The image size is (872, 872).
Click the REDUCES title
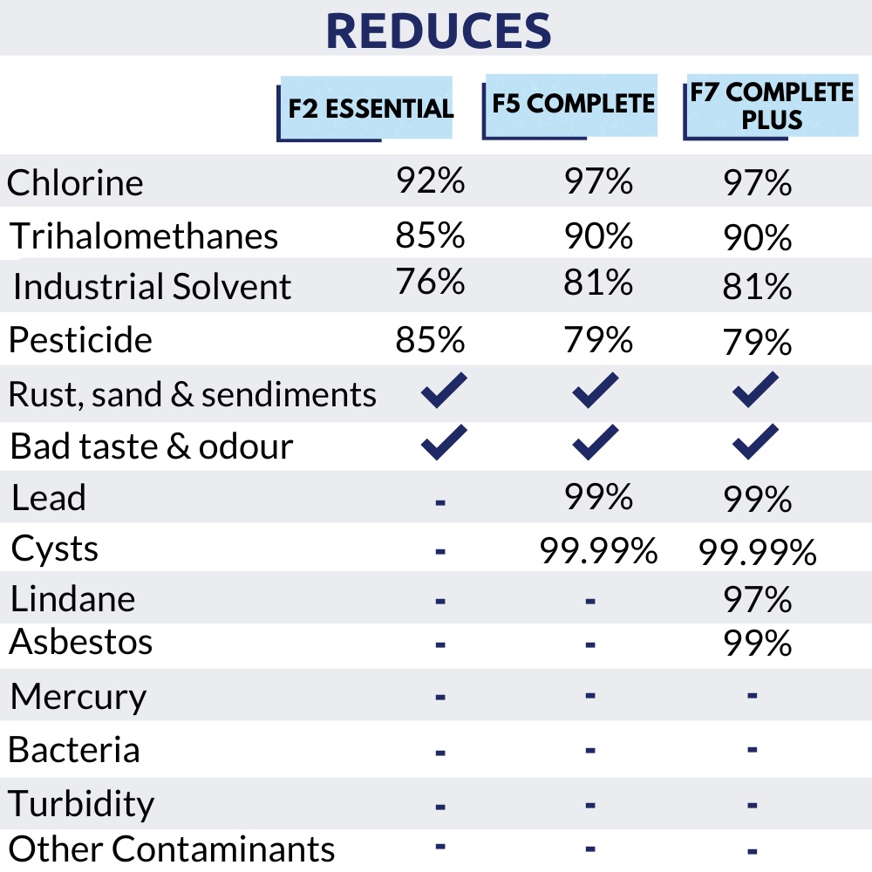tap(438, 31)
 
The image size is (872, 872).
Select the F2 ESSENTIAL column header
tap(371, 108)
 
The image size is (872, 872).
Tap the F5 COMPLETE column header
tap(573, 104)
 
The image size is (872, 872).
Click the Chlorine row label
tap(75, 183)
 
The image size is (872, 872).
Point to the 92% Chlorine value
tap(431, 181)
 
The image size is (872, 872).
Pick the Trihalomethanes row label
tap(145, 236)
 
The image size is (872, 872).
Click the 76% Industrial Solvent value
tap(431, 283)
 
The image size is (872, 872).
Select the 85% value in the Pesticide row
tap(431, 339)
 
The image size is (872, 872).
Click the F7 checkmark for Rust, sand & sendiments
tap(755, 390)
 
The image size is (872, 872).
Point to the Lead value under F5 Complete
tap(598, 497)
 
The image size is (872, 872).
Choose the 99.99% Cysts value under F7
tap(757, 551)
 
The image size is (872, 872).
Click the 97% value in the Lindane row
tap(757, 600)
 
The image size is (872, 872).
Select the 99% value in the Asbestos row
tap(757, 644)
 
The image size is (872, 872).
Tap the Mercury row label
tap(78, 697)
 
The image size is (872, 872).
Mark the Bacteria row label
tap(75, 750)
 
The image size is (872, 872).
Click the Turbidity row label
tap(82, 803)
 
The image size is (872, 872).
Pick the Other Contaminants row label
tap(172, 848)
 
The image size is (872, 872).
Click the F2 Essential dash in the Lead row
tap(440, 501)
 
